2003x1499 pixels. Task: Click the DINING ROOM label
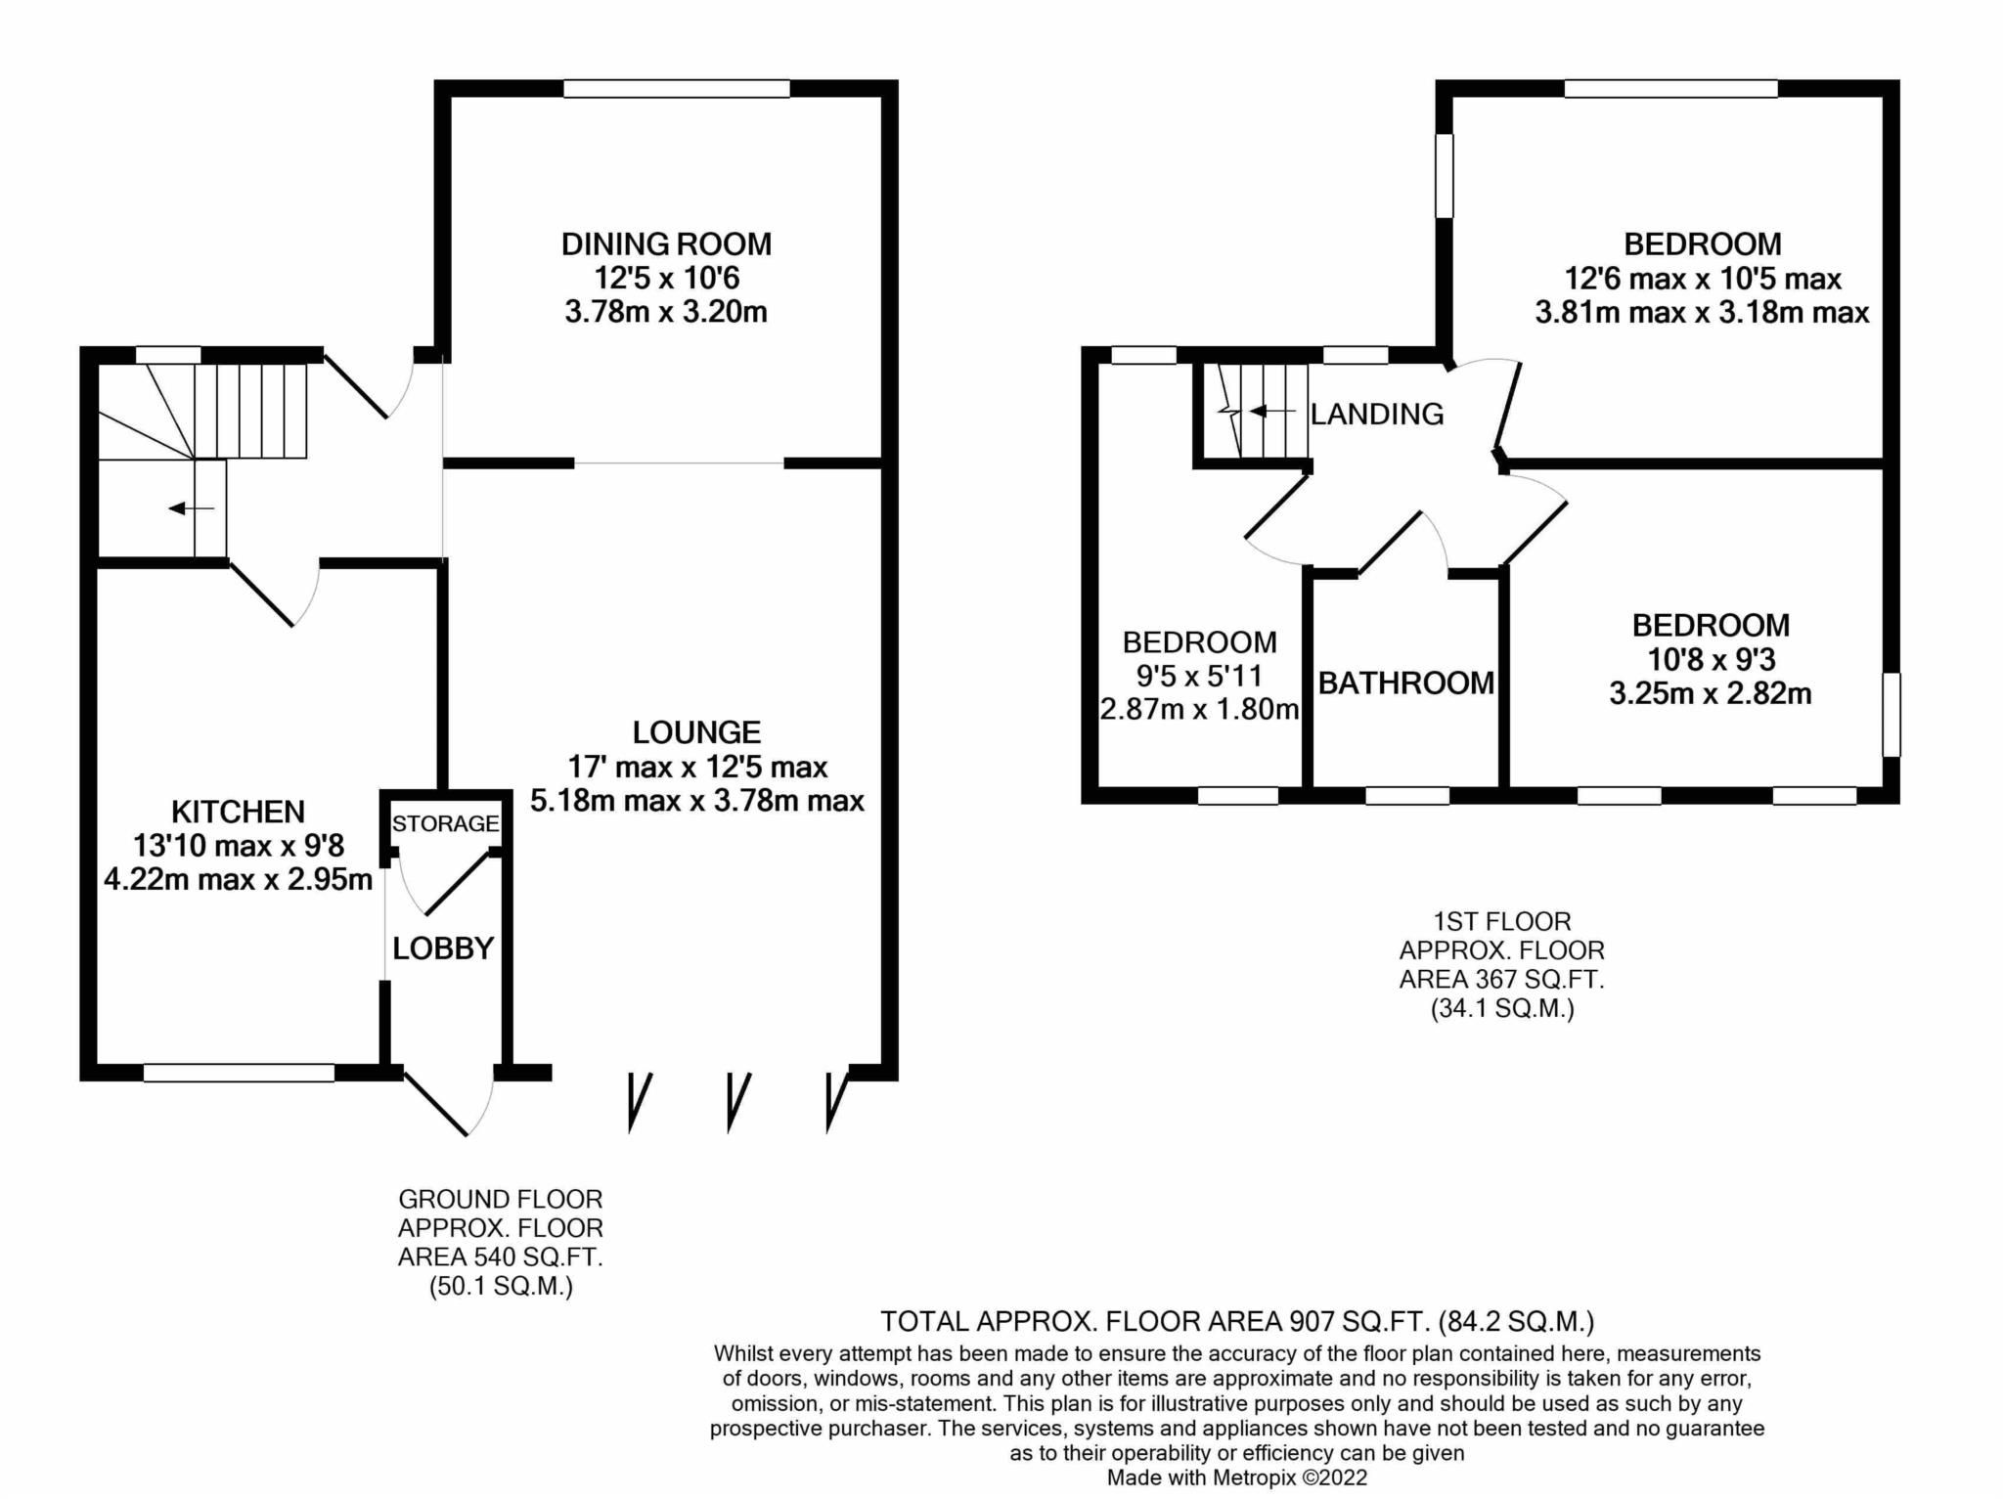666,243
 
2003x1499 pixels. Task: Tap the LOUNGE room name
696,732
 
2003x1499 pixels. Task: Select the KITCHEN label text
238,812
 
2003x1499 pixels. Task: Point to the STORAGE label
446,823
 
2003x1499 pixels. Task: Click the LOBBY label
443,948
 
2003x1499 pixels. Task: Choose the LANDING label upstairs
1377,415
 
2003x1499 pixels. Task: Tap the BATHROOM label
1406,683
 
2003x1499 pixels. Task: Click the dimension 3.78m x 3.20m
666,312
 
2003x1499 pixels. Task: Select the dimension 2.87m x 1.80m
1199,709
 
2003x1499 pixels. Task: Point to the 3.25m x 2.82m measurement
1711,693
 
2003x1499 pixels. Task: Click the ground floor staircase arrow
192,508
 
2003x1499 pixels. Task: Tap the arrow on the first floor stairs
1271,412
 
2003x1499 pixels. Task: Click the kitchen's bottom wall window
239,1073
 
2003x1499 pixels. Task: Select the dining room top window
677,89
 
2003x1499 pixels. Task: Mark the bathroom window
1406,796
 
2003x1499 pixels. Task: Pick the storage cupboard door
454,883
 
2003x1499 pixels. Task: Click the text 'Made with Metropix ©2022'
1237,1477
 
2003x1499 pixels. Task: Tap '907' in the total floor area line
1311,1322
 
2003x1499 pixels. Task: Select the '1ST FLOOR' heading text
1501,921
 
